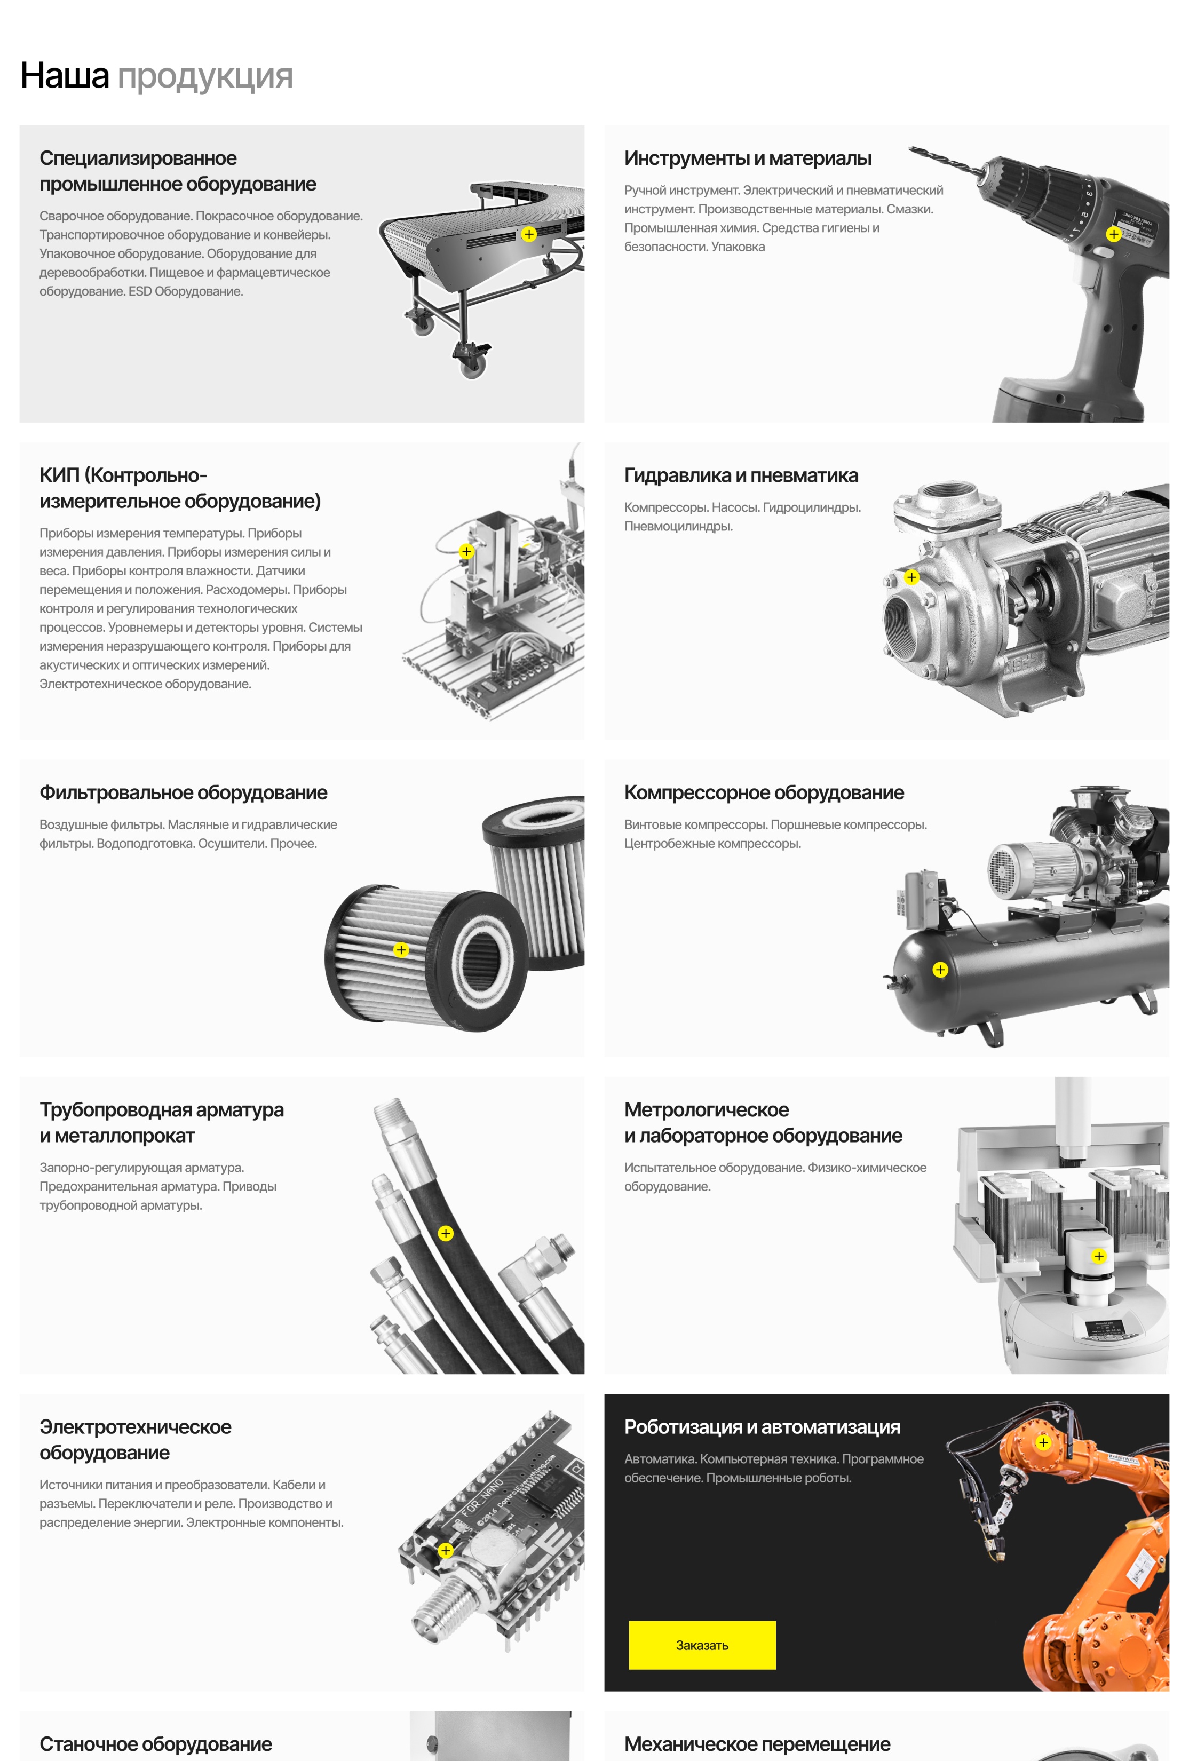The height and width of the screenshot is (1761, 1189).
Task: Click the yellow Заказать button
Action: (702, 1645)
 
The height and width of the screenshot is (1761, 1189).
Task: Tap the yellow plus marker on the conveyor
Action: (529, 234)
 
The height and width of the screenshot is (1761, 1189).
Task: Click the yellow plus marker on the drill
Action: (1113, 234)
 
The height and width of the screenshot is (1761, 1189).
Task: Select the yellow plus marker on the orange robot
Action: (1043, 1442)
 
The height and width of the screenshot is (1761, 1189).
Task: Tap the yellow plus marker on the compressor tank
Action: (940, 970)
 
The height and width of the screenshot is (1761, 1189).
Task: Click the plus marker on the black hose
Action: (446, 1234)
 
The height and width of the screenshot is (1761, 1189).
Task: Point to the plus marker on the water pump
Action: (911, 577)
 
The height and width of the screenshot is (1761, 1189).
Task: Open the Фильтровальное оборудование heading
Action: (184, 792)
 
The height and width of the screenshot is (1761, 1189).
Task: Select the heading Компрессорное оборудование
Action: (764, 792)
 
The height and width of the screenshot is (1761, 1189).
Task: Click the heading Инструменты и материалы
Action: (748, 158)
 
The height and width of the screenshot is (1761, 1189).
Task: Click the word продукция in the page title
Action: (205, 76)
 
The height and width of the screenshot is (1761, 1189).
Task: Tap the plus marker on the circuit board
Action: (446, 1550)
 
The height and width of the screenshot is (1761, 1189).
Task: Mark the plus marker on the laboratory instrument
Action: (1099, 1256)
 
